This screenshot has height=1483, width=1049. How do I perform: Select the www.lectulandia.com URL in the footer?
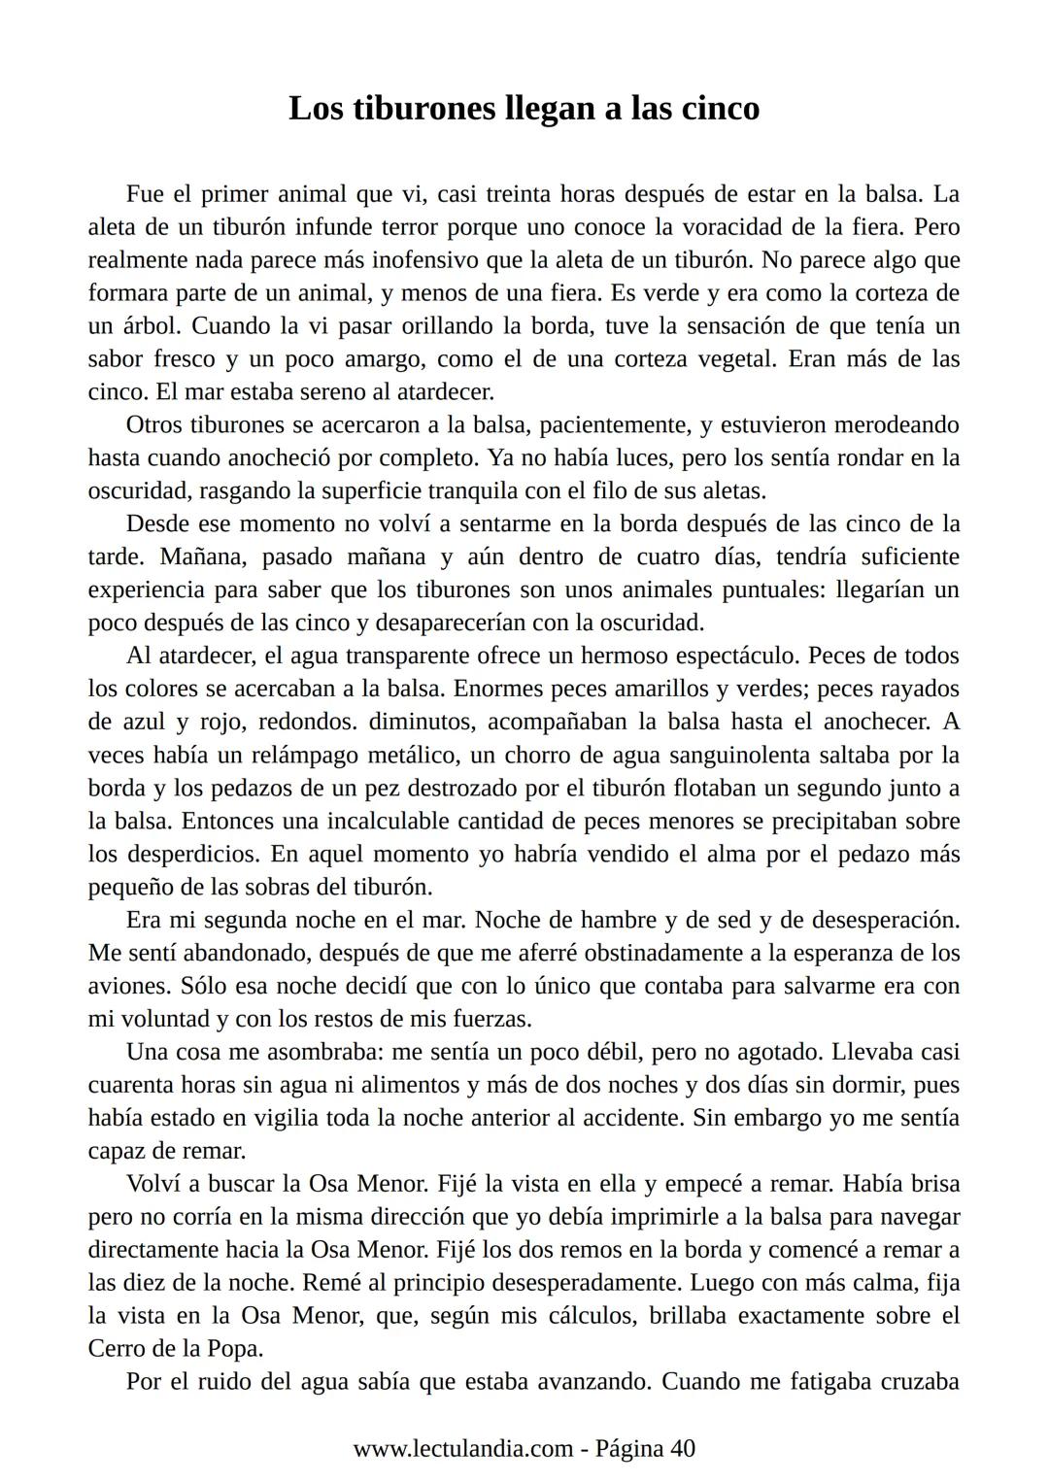coord(462,1449)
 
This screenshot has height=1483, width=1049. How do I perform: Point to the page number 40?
coord(683,1449)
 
